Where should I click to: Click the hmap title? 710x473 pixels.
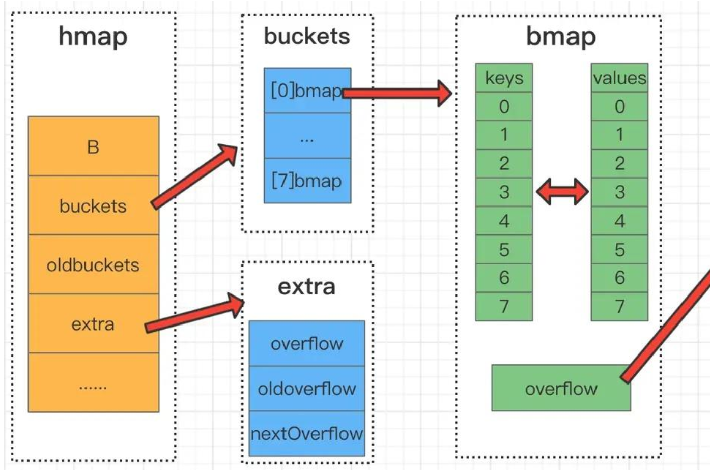tap(93, 37)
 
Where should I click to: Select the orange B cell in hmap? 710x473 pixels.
tap(93, 146)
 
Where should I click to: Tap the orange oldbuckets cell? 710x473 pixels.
tap(93, 264)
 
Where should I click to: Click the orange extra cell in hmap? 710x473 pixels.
tap(93, 323)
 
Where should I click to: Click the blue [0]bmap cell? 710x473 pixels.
tap(307, 91)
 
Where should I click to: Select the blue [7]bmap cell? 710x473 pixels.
tap(307, 181)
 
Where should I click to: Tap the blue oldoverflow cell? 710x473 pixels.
tap(306, 389)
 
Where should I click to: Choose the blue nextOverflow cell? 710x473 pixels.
tap(306, 433)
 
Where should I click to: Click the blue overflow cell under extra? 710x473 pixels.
tap(306, 344)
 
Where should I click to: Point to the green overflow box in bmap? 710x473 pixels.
tap(560, 389)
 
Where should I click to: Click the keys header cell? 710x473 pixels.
tap(504, 78)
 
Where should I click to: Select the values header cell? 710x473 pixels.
tap(619, 78)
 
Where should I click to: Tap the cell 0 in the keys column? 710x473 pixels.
tap(504, 106)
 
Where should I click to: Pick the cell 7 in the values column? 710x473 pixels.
tap(619, 306)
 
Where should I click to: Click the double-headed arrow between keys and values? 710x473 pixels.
tap(562, 192)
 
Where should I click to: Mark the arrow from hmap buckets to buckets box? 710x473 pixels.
tap(195, 176)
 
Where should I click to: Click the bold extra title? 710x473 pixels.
tap(306, 286)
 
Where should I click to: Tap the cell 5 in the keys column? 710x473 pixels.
tap(504, 249)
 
